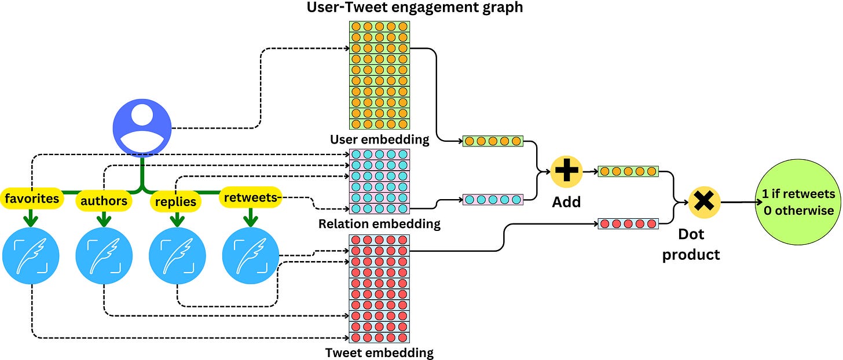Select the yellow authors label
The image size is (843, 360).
coord(104,201)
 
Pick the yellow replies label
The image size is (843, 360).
coord(177,201)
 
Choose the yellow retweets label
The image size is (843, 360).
coord(250,198)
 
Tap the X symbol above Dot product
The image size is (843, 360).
coord(703,202)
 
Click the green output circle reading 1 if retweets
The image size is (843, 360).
coord(798,202)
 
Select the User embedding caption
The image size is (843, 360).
coord(379,139)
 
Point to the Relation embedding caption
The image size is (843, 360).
coord(379,223)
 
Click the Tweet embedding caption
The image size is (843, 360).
coord(379,352)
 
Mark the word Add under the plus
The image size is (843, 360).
coord(567,203)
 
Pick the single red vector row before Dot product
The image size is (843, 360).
coord(628,223)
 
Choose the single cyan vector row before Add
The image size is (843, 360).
coord(493,200)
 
